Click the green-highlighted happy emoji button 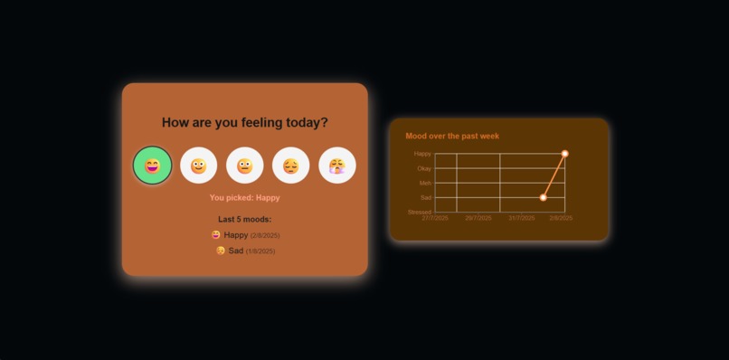pyautogui.click(x=152, y=166)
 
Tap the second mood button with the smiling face pyautogui.click(x=199, y=166)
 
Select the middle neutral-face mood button pyautogui.click(x=245, y=166)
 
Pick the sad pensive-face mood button pyautogui.click(x=291, y=166)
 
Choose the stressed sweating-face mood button pyautogui.click(x=337, y=166)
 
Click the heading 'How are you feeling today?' pyautogui.click(x=245, y=122)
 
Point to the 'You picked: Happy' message pyautogui.click(x=245, y=197)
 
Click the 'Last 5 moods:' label pyautogui.click(x=245, y=219)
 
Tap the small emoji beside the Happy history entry pyautogui.click(x=216, y=235)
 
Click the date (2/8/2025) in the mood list pyautogui.click(x=265, y=236)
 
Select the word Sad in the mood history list pyautogui.click(x=235, y=251)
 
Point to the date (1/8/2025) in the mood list pyautogui.click(x=260, y=251)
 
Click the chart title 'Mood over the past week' pyautogui.click(x=452, y=136)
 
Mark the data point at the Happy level pyautogui.click(x=565, y=154)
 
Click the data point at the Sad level pyautogui.click(x=544, y=197)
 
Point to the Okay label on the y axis pyautogui.click(x=423, y=168)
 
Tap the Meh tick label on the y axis pyautogui.click(x=425, y=183)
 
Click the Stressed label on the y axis pyautogui.click(x=419, y=212)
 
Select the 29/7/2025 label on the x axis pyautogui.click(x=478, y=218)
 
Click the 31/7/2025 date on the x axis pyautogui.click(x=522, y=218)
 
